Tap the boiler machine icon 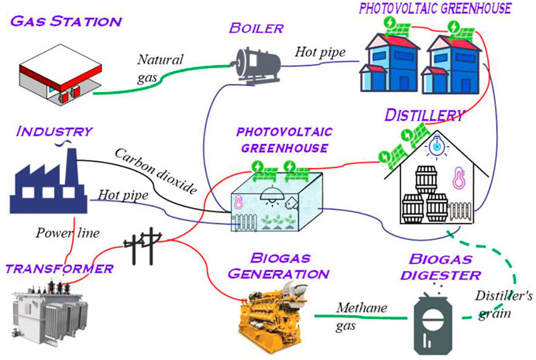[259, 60]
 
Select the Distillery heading [424, 115]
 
